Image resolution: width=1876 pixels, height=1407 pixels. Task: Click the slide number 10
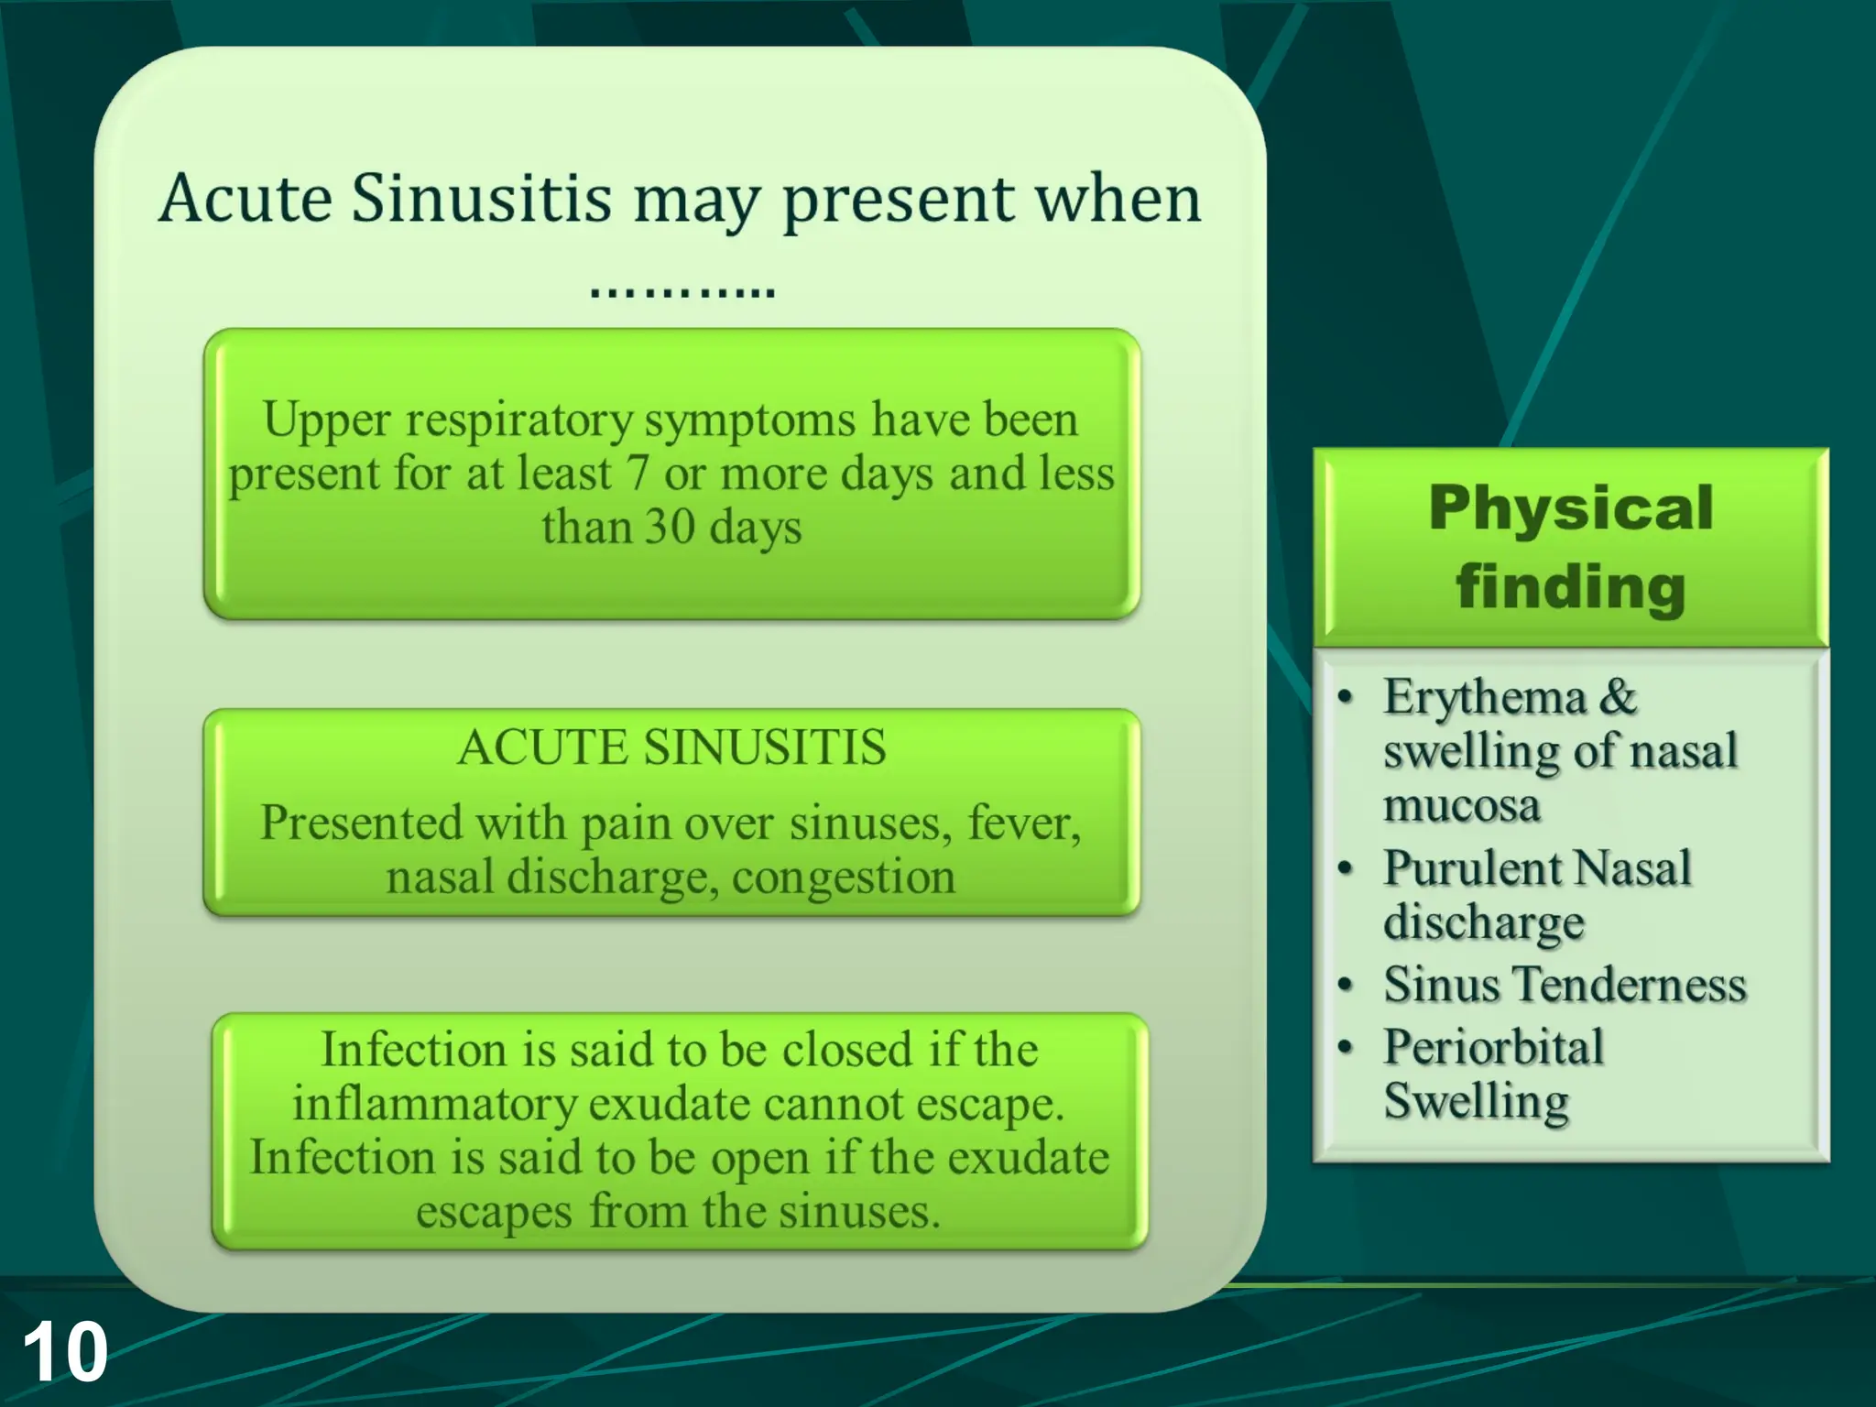tap(64, 1352)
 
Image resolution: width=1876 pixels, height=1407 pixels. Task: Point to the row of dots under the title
tap(682, 292)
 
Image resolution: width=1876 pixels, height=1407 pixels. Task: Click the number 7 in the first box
tap(638, 474)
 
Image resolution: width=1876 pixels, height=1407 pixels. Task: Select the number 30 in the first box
tap(669, 528)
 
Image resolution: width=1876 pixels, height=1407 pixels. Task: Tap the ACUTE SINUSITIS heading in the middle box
tap(671, 747)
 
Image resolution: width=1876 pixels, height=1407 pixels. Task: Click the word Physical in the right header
tap(1570, 507)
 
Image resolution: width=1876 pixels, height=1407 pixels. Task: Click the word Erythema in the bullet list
tap(1484, 698)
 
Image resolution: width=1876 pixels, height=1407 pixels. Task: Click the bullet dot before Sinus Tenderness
tap(1345, 986)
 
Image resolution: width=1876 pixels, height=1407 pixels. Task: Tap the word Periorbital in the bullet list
tap(1493, 1047)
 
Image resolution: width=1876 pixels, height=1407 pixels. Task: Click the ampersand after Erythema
tap(1618, 698)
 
